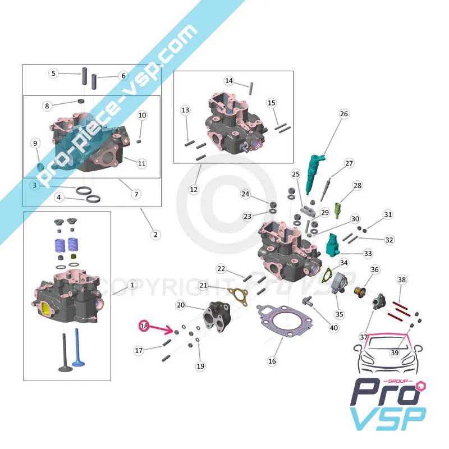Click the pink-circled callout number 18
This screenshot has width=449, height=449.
pos(144,326)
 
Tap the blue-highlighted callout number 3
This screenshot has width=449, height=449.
pos(35,185)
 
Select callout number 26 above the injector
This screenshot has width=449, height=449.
pos(343,114)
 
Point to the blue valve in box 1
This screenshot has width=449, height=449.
pos(78,348)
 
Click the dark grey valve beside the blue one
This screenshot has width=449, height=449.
pos(65,352)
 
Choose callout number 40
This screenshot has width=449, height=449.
pos(333,328)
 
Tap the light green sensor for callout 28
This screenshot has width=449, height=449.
pos(338,210)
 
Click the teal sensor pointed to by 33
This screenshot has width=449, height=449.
pos(332,245)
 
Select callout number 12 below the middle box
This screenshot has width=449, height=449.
pos(194,189)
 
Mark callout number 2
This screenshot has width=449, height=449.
pos(155,235)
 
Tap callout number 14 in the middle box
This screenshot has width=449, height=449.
pos(228,81)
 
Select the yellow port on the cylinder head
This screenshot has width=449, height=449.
pos(45,308)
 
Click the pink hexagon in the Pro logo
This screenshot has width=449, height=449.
pos(423,386)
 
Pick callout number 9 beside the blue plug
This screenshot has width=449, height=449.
pos(35,143)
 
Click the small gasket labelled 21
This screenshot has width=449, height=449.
pos(238,297)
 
